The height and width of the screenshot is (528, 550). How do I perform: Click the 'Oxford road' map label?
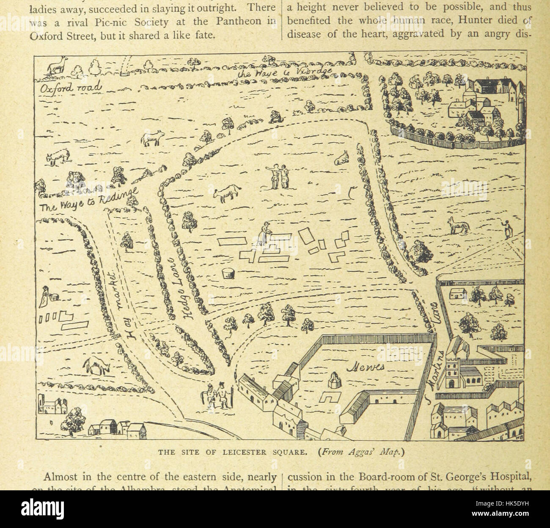71,87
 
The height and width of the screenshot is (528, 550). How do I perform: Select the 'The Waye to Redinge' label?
89,200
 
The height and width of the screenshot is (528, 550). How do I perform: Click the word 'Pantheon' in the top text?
243,20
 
